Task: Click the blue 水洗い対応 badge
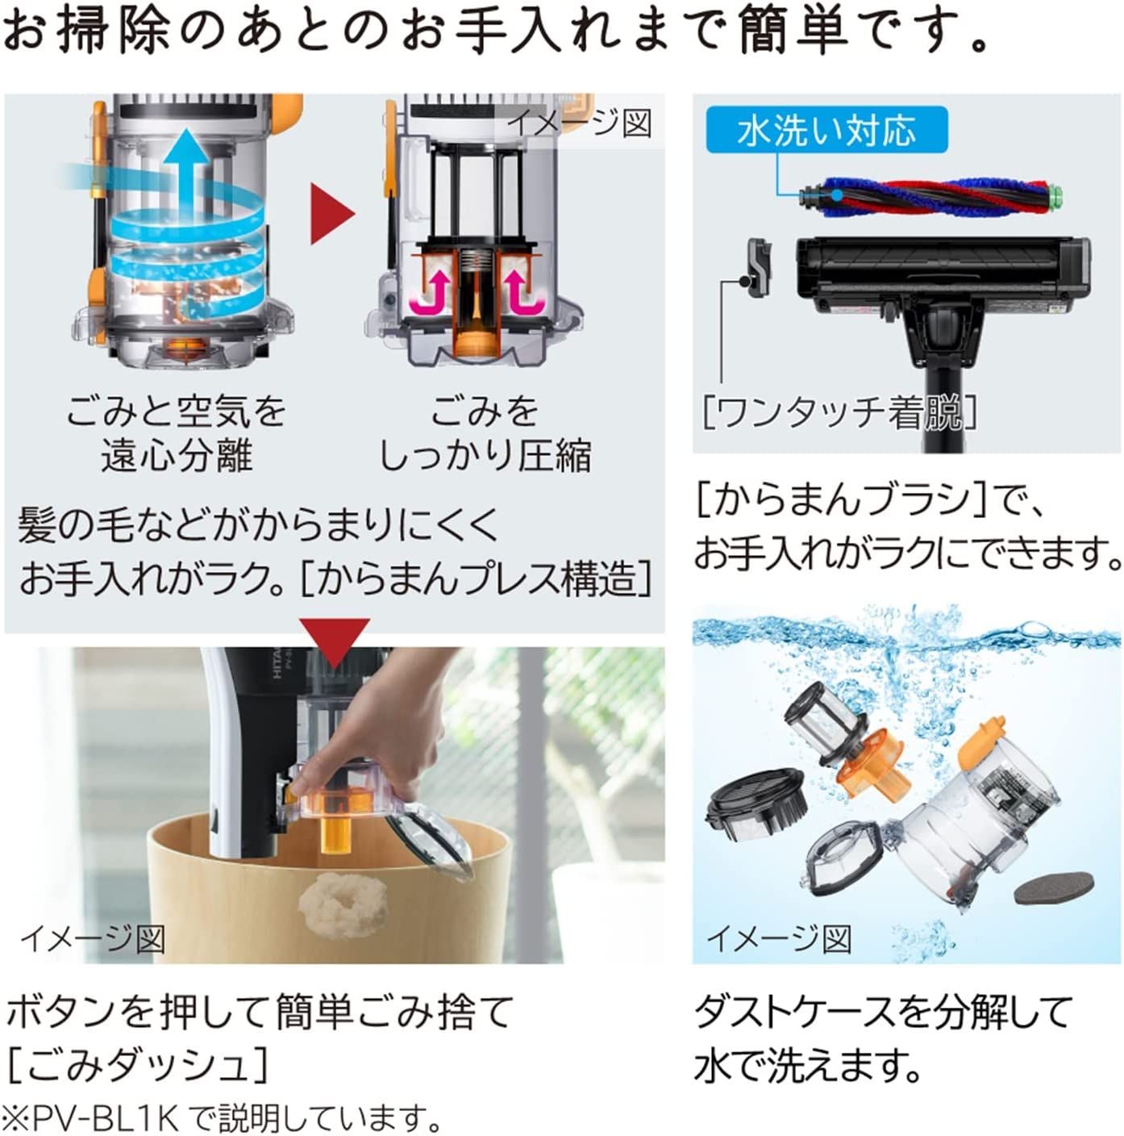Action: click(x=826, y=130)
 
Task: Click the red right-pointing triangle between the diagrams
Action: click(x=332, y=213)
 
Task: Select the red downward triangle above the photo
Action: click(x=334, y=643)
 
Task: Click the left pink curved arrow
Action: click(x=434, y=289)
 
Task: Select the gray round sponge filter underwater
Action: click(x=1054, y=889)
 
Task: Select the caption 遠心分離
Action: click(x=177, y=456)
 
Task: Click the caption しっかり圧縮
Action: click(x=485, y=456)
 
